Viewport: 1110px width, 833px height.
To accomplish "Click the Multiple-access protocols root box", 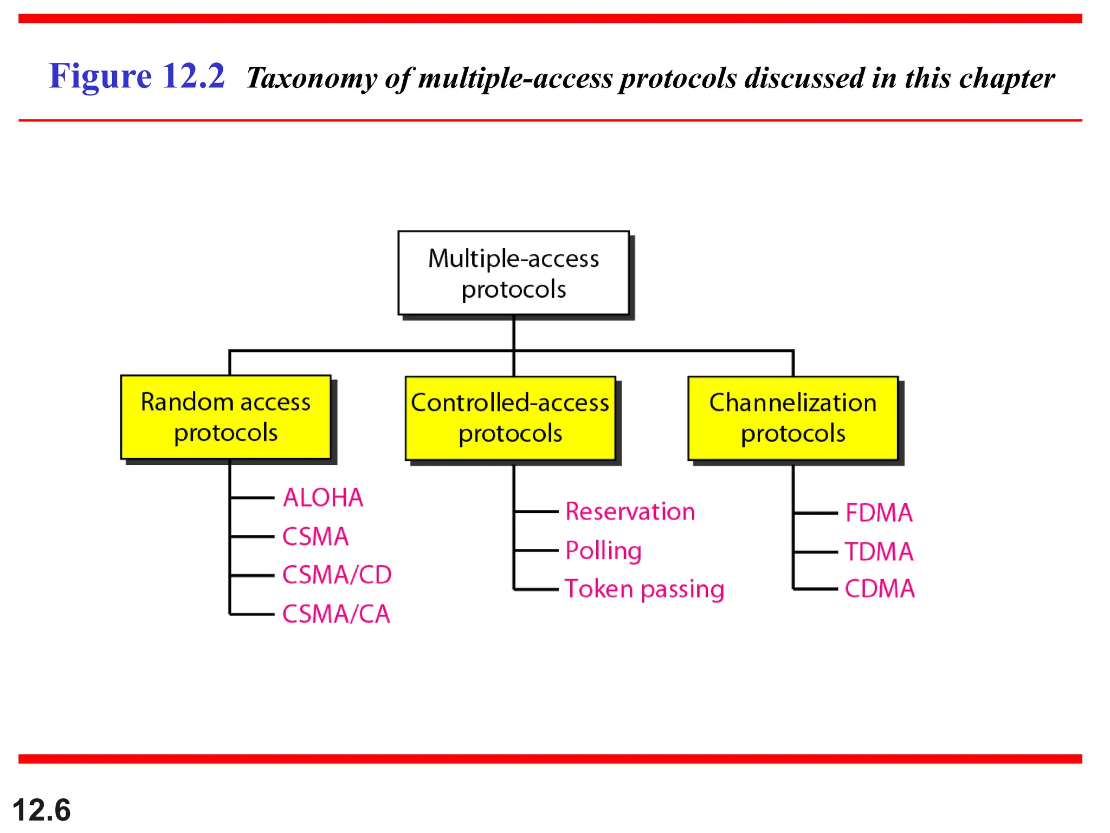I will tap(513, 273).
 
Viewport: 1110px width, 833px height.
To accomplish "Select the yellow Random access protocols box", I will tap(225, 417).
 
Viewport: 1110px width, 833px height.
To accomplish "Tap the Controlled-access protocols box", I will tap(510, 418).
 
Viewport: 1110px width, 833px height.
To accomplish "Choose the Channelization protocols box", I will tap(792, 418).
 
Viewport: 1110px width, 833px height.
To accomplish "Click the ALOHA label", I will tap(323, 497).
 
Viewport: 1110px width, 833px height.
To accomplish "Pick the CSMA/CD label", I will tap(337, 575).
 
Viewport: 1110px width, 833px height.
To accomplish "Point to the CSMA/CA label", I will tap(336, 614).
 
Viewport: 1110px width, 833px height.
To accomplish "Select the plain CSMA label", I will tap(315, 536).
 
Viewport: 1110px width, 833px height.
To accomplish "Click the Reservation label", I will tap(630, 511).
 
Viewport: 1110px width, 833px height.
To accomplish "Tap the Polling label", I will tap(603, 550).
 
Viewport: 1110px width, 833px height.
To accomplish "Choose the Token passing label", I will tap(644, 589).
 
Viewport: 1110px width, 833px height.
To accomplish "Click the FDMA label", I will tap(879, 512).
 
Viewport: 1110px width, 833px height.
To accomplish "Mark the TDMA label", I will tap(879, 552).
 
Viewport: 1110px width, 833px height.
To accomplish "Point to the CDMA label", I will tap(879, 588).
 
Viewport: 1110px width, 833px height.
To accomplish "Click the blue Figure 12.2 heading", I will tap(137, 76).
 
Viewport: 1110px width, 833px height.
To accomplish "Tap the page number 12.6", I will tap(41, 810).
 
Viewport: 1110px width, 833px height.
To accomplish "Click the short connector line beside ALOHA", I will tap(252, 497).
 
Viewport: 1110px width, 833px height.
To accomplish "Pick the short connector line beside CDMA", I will tap(816, 588).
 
